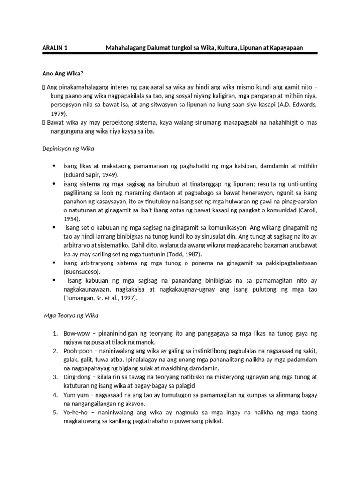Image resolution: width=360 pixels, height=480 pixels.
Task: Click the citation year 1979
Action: click(59, 113)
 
